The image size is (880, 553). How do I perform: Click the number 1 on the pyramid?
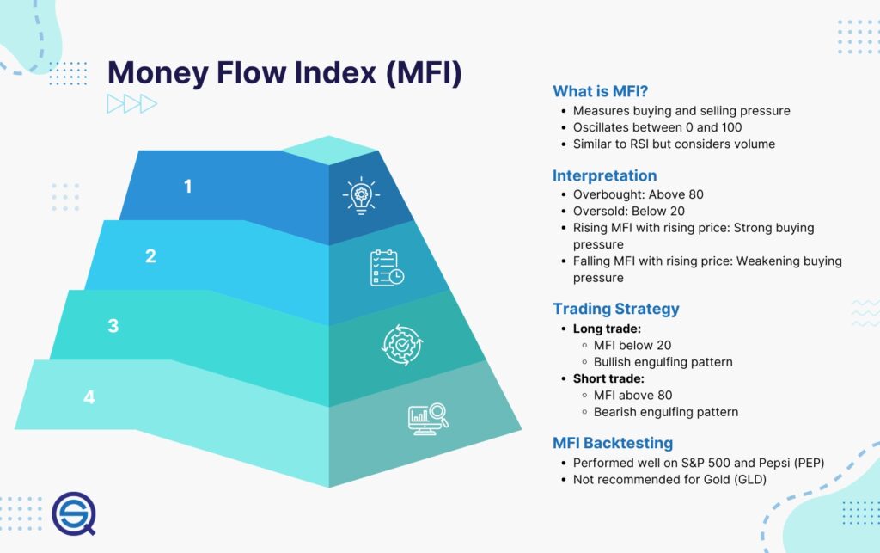click(188, 185)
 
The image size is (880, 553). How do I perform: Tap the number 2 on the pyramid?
click(150, 255)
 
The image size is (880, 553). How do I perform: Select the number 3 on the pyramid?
click(113, 326)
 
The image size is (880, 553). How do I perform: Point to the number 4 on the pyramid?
click(89, 397)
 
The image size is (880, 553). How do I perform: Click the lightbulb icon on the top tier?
click(360, 197)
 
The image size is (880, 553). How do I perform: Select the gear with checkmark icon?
click(401, 342)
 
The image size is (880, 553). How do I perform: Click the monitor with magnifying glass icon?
click(427, 416)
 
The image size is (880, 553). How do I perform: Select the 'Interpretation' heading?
click(604, 175)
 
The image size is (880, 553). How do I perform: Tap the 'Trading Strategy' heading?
click(615, 309)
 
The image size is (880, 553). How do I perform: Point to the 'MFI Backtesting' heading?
click(612, 443)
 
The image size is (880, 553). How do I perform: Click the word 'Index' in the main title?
click(327, 72)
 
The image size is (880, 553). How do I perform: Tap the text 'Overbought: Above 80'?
click(639, 194)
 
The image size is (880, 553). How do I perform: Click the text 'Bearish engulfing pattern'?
click(665, 412)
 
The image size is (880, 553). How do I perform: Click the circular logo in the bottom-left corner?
click(73, 513)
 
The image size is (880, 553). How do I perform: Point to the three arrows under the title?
click(131, 104)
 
